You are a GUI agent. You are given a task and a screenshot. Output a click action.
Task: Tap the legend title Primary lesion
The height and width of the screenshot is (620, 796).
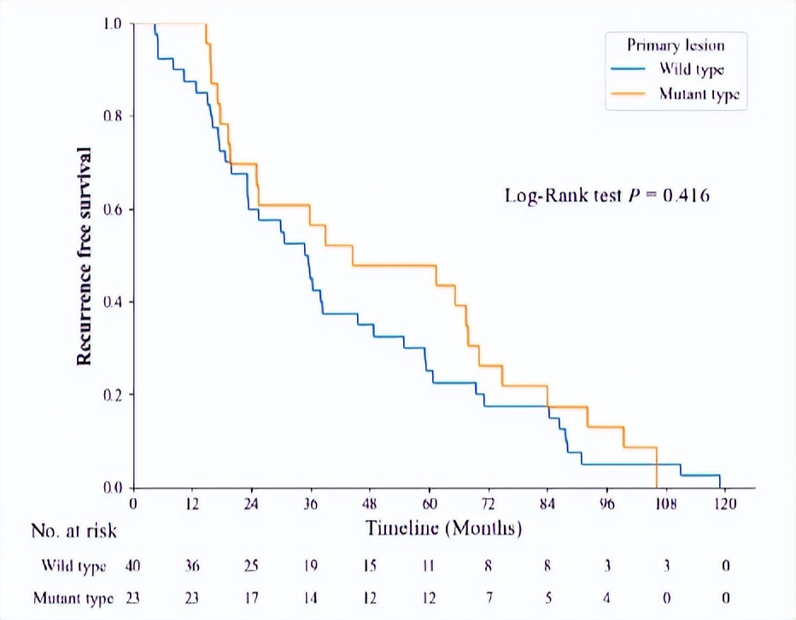coord(676,45)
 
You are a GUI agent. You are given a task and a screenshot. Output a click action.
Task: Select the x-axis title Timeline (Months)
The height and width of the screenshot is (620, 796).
coord(443,529)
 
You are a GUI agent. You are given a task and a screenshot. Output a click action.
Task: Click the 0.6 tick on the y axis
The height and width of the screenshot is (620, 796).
coord(110,209)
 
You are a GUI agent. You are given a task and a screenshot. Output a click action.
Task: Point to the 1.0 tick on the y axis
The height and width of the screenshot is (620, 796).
coord(110,23)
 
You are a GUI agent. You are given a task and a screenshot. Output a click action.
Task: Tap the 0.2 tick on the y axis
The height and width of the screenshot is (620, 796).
coord(110,395)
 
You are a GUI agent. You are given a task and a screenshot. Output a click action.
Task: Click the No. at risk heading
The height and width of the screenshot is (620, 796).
coord(74,531)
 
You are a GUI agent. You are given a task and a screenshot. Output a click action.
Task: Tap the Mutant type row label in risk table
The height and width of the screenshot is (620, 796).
coord(73,598)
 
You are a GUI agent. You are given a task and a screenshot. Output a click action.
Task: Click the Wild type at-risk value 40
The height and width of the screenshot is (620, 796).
coord(134,565)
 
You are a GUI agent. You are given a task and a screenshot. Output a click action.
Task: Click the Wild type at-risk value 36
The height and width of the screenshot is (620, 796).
coord(193,565)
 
